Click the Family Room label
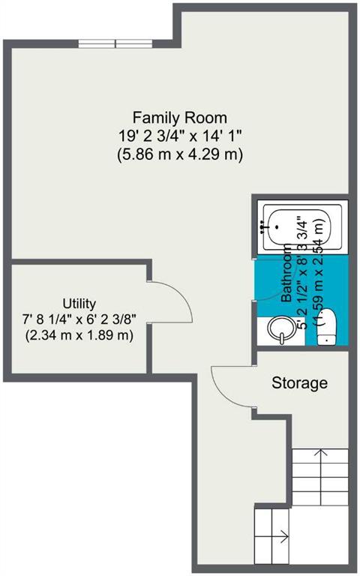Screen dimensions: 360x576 coord(180,118)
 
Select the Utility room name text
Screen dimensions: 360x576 coord(79,304)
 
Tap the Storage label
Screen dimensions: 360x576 coord(299,383)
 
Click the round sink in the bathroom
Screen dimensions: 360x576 coord(281,328)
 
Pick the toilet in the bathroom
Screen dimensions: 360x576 coord(326,326)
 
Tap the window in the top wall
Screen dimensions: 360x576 coord(115,43)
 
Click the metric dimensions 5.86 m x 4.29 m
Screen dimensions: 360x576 coord(180,154)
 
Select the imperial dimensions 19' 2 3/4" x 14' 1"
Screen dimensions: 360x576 coord(180,136)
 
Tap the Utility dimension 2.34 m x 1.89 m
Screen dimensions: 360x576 coord(79,335)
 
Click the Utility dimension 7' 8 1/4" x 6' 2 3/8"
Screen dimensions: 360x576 coord(79,319)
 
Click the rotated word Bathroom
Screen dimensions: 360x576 coord(286,273)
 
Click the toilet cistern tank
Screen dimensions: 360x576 coord(326,339)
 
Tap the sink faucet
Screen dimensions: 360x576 coord(282,338)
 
